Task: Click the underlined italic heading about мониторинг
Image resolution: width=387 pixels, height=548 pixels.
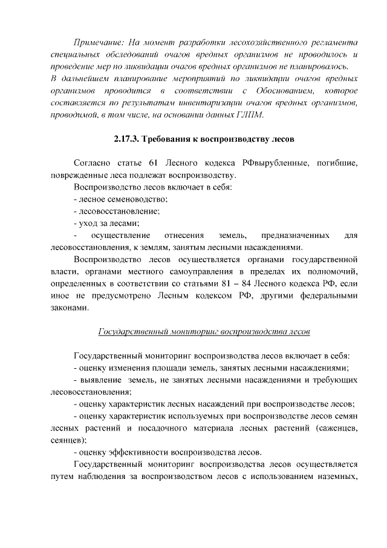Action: (204, 332)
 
